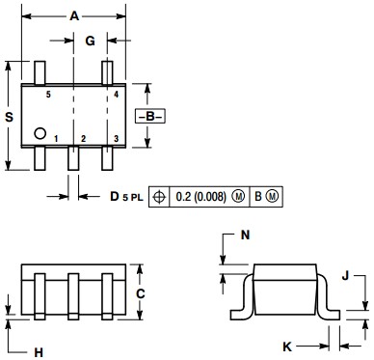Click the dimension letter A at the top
click(74, 15)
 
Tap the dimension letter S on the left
click(10, 116)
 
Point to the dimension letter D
click(115, 197)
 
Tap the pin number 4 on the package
click(116, 97)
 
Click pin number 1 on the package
click(56, 139)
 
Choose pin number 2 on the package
click(84, 139)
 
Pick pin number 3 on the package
click(116, 139)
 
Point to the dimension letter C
click(140, 292)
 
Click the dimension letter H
click(39, 352)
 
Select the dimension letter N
click(246, 235)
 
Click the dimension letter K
click(286, 346)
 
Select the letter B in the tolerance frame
click(257, 197)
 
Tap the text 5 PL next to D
click(133, 198)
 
